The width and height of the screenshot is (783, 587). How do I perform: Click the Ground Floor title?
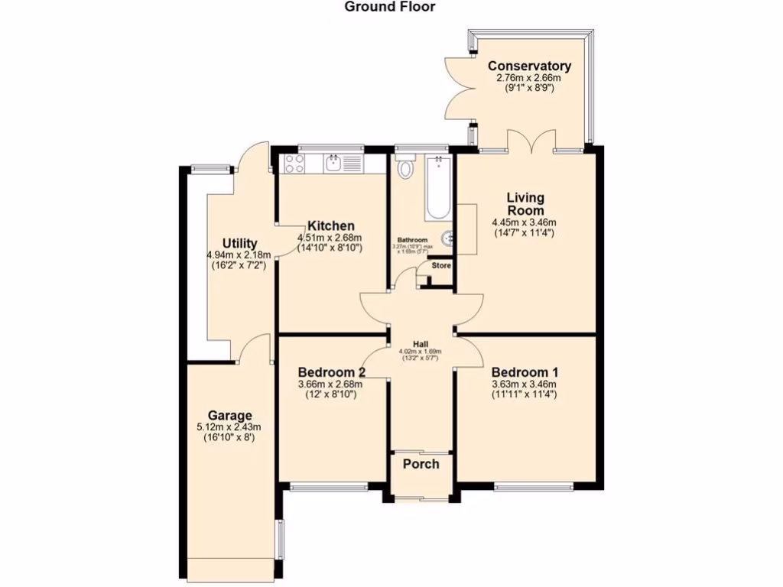(x=389, y=7)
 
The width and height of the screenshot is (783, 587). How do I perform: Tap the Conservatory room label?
(x=529, y=66)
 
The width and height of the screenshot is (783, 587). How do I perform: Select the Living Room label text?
(x=525, y=204)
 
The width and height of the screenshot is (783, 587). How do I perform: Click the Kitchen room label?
(x=330, y=225)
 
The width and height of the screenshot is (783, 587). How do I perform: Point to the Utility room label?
(x=239, y=244)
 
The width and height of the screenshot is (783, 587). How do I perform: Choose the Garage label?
(x=229, y=416)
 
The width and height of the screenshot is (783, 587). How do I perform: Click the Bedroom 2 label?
(x=330, y=372)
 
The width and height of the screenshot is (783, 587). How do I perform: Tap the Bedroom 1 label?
(x=524, y=372)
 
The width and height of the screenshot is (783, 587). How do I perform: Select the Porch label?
(x=421, y=464)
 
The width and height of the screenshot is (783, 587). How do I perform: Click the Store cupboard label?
(x=441, y=266)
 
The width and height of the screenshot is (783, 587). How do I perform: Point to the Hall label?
(x=421, y=343)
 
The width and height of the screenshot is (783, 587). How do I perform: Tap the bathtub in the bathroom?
(x=438, y=187)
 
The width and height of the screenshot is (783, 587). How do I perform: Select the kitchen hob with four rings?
(x=295, y=163)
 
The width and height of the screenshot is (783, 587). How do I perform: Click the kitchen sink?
(x=334, y=163)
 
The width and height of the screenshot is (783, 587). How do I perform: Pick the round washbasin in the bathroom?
(x=449, y=239)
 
